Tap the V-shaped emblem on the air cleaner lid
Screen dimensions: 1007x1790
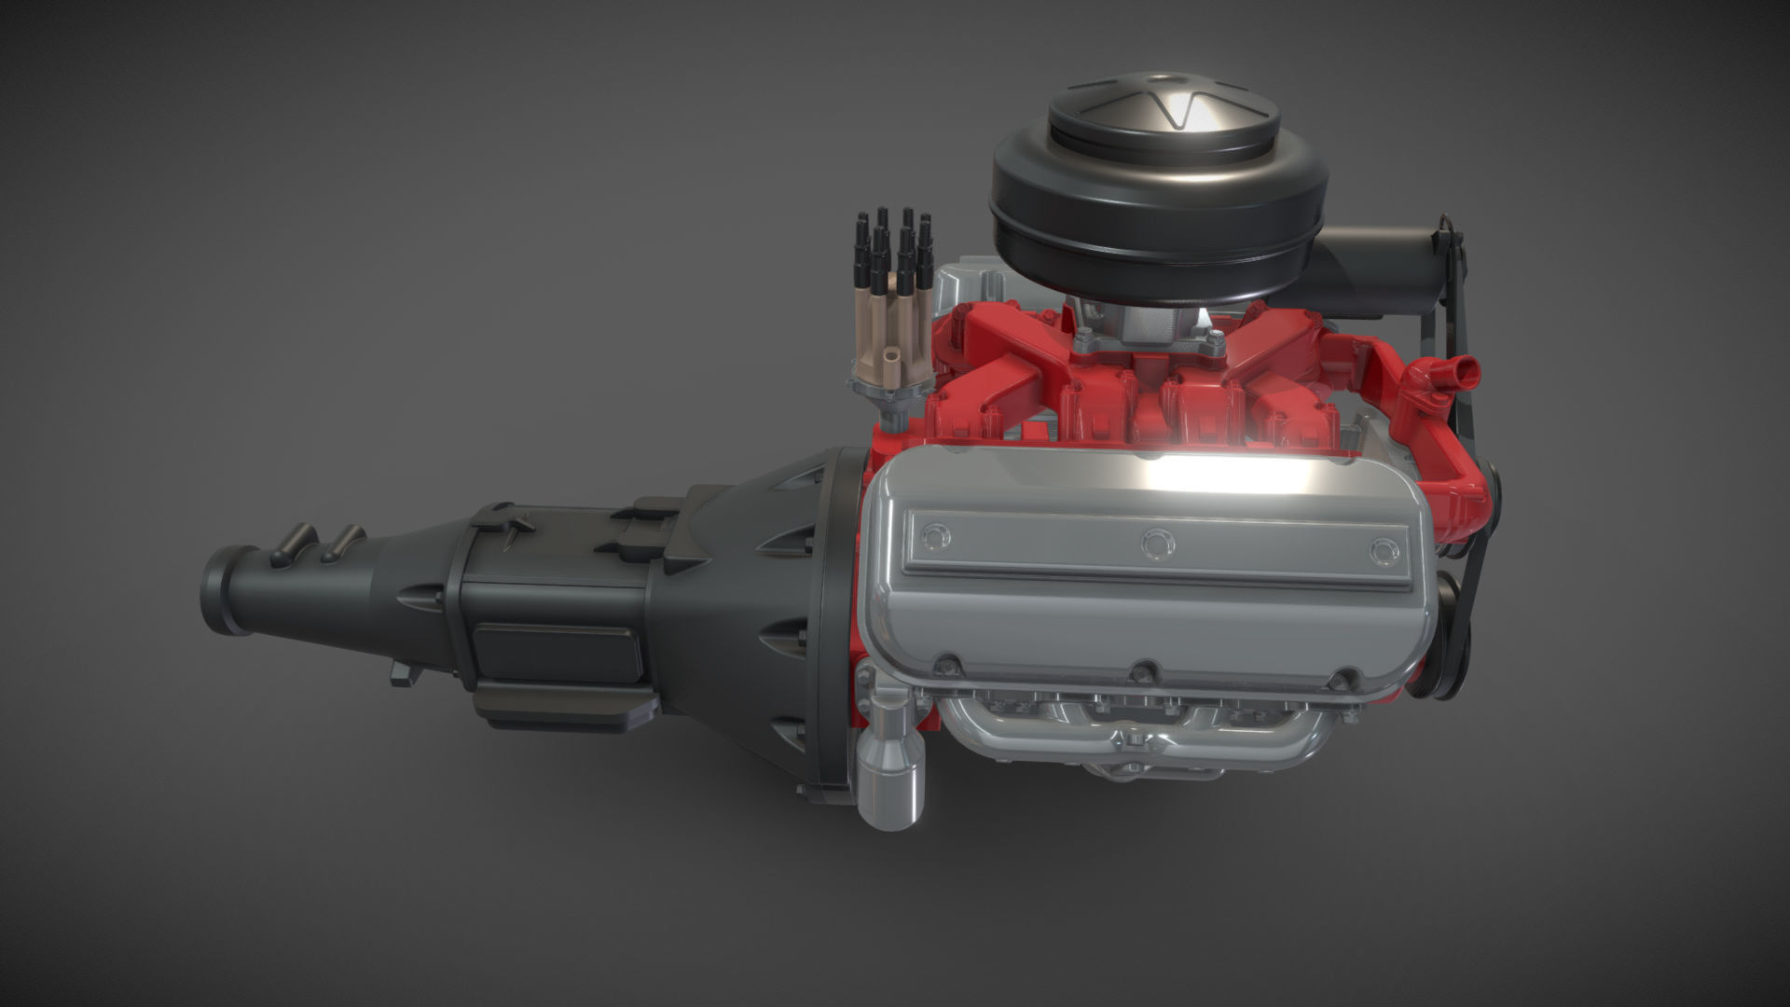tap(1180, 110)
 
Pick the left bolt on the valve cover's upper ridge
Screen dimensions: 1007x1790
tap(935, 536)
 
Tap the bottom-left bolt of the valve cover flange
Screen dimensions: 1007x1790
tap(948, 664)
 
